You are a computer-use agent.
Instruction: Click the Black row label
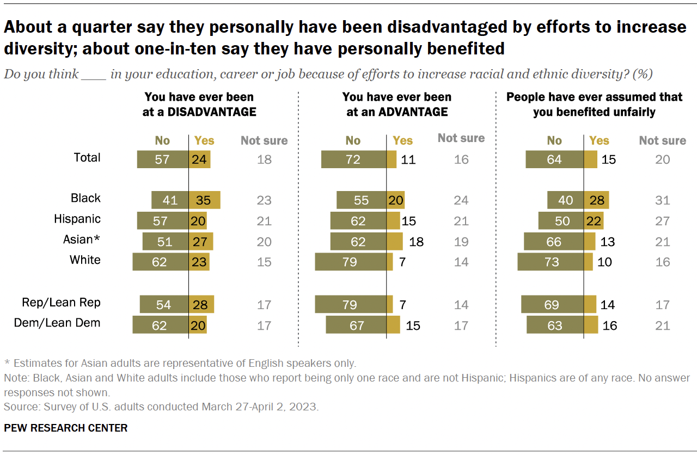click(x=85, y=198)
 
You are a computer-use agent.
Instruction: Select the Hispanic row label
click(x=77, y=219)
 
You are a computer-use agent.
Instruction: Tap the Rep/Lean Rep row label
click(x=61, y=303)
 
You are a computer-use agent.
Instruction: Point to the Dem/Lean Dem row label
click(x=57, y=323)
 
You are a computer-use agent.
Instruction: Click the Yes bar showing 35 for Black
click(x=204, y=200)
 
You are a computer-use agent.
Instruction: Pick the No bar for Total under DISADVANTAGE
click(x=163, y=159)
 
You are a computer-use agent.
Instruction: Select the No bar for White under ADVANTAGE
click(x=351, y=262)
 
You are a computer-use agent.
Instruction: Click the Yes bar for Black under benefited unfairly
click(x=596, y=200)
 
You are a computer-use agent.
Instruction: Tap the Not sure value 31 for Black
click(x=663, y=200)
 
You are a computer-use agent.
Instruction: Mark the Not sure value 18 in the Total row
click(x=264, y=159)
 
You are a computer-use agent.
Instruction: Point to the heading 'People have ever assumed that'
click(x=594, y=97)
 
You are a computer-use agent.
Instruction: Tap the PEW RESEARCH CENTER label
click(x=65, y=428)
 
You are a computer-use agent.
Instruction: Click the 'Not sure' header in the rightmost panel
click(x=662, y=140)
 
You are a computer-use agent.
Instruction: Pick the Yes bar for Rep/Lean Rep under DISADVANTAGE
click(x=201, y=305)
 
